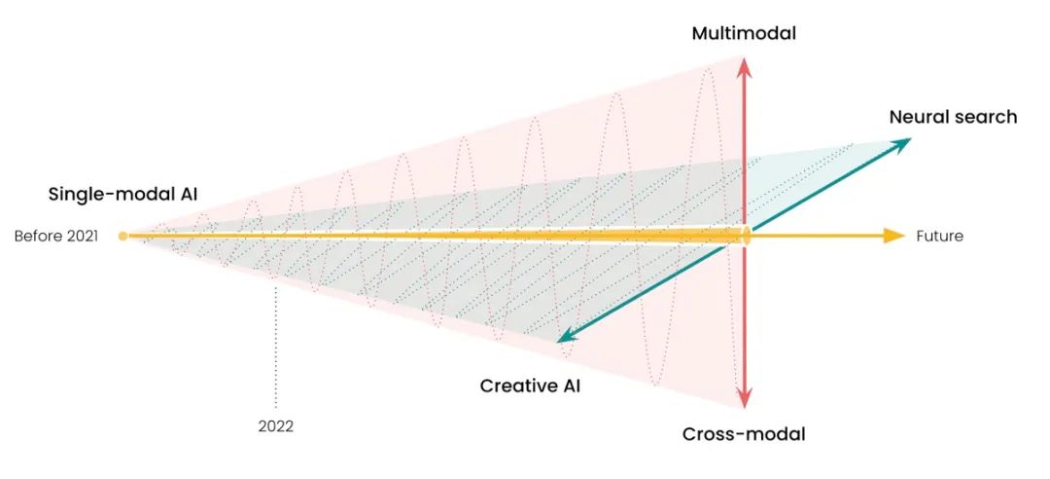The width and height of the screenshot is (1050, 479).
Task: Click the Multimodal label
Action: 744,34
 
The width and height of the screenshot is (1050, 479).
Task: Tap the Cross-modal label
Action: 744,434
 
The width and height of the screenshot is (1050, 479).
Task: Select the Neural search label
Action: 953,117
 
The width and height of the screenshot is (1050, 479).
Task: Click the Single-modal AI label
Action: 122,194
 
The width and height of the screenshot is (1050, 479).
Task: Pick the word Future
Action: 939,236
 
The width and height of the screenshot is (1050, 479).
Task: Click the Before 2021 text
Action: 56,236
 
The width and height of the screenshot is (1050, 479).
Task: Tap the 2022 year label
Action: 276,425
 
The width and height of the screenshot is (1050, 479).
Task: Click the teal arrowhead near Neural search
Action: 901,143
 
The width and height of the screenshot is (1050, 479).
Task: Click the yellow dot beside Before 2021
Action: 122,236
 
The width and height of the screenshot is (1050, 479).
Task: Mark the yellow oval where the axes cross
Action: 745,236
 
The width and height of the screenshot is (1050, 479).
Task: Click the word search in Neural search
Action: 984,117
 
